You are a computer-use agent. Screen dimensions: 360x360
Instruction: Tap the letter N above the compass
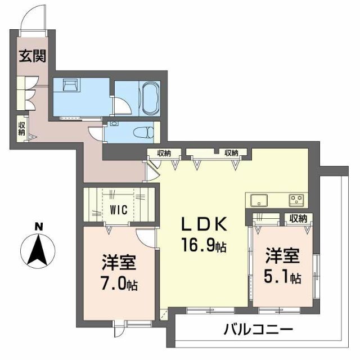point(38,227)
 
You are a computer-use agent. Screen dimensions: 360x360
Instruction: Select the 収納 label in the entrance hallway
point(21,128)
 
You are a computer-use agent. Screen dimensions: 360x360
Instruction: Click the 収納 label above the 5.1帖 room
point(298,218)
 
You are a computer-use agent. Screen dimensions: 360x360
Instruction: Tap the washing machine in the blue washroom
point(70,86)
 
